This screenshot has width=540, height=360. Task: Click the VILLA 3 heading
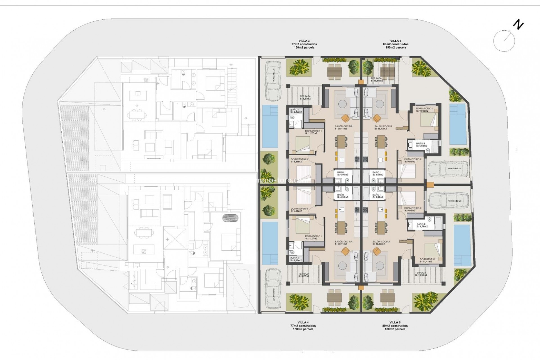(304, 41)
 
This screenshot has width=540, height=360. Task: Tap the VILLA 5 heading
(395, 41)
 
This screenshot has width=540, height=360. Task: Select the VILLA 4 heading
(303, 322)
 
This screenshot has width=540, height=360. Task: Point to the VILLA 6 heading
(395, 322)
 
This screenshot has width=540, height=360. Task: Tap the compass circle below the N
(504, 41)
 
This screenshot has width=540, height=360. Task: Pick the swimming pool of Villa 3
(270, 126)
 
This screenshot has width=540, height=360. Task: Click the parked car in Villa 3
(273, 81)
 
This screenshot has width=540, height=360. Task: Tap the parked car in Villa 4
(273, 290)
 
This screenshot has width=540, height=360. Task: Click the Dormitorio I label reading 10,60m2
(424, 110)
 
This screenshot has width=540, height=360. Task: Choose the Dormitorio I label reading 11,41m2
(428, 260)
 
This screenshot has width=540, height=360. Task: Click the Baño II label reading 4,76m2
(422, 225)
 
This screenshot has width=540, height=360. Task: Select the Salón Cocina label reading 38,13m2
(383, 128)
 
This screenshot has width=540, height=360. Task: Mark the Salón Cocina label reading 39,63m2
(381, 243)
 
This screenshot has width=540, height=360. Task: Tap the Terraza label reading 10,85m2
(376, 80)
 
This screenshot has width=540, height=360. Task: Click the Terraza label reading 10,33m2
(421, 274)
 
